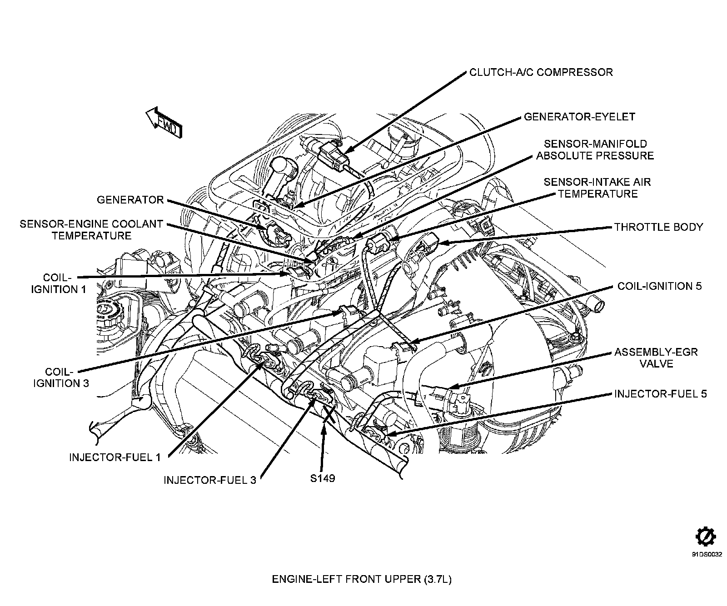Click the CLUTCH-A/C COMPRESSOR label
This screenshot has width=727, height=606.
point(541,72)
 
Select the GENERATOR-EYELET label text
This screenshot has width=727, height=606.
point(579,117)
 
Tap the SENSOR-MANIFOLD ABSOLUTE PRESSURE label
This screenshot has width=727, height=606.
point(595,150)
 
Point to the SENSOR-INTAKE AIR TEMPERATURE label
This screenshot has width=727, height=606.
point(597,188)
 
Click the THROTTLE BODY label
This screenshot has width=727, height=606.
point(658,227)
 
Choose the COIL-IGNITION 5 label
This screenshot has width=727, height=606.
point(659,286)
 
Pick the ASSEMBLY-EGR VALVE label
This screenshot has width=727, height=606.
point(656,358)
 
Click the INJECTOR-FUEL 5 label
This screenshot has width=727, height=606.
point(660,394)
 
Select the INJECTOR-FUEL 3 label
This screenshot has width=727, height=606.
point(210,480)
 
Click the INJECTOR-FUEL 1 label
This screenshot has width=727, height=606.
point(115,457)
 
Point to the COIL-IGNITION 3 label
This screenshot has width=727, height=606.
point(60,377)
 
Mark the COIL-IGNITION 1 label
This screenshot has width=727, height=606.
point(58,283)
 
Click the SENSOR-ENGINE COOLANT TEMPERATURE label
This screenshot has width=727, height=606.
point(91,230)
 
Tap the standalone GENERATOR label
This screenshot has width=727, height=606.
point(130,200)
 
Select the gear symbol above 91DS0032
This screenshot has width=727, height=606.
point(706,536)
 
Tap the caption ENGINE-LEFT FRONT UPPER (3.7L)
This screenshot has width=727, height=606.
point(362,580)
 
